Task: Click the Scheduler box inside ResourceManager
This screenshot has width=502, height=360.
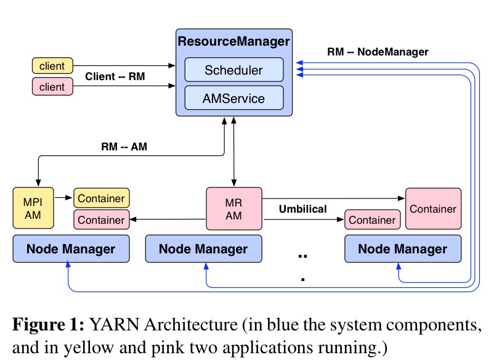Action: click(233, 70)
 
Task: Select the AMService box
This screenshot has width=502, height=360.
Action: click(233, 97)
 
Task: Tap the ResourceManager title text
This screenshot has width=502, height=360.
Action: click(233, 42)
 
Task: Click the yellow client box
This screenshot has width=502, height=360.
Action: click(52, 65)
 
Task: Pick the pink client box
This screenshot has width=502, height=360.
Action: click(52, 87)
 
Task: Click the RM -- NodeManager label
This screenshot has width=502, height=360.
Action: click(378, 52)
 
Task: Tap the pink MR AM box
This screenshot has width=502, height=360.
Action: click(233, 208)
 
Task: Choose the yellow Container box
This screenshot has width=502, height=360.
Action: click(102, 198)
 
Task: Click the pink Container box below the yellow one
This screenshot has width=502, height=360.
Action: click(102, 219)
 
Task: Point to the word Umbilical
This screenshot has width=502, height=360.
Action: click(302, 209)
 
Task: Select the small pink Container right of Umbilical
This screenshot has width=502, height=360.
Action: click(372, 219)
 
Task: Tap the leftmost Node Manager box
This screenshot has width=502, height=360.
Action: click(71, 249)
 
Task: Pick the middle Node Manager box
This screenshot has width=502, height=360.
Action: click(203, 249)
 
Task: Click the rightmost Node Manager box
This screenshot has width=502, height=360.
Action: click(402, 249)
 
